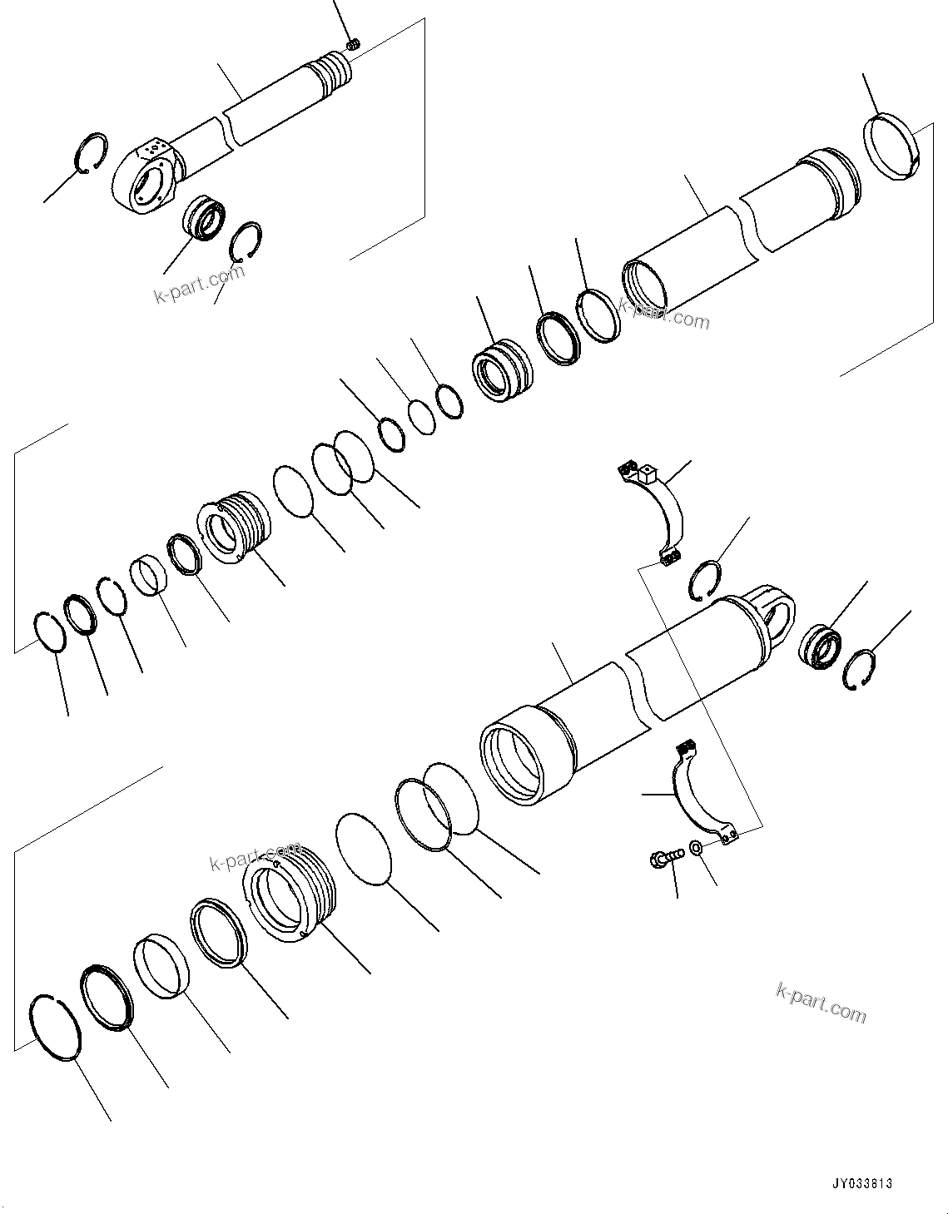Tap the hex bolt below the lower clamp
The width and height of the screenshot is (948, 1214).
point(664,855)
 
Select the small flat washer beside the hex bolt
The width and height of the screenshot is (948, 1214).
point(696,847)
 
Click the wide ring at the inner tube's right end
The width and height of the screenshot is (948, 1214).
point(891,147)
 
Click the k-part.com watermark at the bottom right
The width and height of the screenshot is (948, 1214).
point(821,1002)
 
